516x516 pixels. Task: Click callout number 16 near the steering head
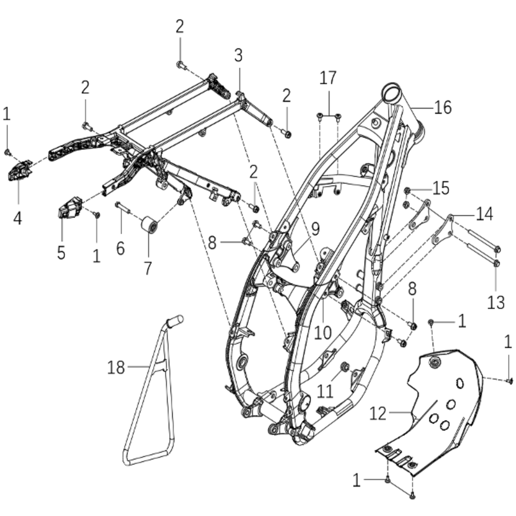coord(443,107)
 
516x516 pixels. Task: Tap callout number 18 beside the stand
coord(116,367)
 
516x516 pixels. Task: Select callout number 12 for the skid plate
coord(378,414)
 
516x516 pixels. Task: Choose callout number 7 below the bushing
coord(148,267)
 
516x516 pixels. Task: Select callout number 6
coord(120,248)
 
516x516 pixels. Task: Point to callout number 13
coord(496,302)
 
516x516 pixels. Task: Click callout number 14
coord(484,214)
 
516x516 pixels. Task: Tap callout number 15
coord(441,188)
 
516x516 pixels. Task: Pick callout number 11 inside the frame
coord(325,390)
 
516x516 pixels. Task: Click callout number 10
coord(322,332)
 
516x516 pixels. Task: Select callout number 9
coord(315,229)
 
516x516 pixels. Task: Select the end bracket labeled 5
coord(69,207)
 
